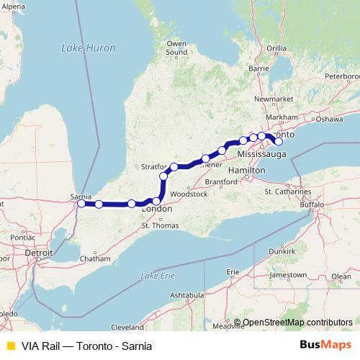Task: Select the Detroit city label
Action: coord(39,254)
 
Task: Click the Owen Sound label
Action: coord(176,48)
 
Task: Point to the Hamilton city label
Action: coord(243,170)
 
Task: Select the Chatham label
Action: coord(96,258)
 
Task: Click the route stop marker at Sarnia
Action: coord(81,204)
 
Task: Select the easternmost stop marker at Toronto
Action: coord(279,142)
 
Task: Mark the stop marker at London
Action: coord(157,202)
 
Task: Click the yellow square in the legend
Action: coord(9,346)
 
